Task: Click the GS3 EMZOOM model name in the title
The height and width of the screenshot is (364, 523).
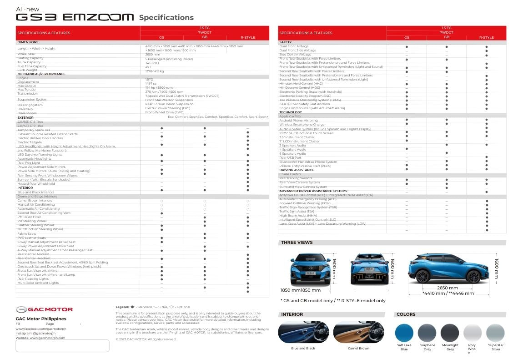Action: click(x=75, y=17)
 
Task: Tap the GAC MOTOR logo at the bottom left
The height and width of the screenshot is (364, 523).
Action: click(x=44, y=309)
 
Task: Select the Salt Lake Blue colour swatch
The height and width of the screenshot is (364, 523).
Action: click(x=404, y=333)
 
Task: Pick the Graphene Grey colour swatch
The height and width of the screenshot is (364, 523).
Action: click(x=427, y=333)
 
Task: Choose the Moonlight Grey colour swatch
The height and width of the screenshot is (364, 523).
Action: click(x=450, y=333)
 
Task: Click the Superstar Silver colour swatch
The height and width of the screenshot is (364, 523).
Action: click(x=495, y=333)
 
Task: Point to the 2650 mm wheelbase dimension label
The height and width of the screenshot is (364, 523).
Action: click(x=448, y=288)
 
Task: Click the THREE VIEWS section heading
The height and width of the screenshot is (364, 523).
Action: click(x=297, y=243)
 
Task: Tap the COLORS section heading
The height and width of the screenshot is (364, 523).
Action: click(x=406, y=314)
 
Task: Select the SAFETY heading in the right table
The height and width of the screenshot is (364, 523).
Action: click(x=286, y=42)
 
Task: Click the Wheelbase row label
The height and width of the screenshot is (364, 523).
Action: click(x=26, y=54)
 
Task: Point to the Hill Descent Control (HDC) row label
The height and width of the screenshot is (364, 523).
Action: click(x=300, y=88)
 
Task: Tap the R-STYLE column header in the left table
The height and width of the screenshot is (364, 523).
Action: click(x=247, y=37)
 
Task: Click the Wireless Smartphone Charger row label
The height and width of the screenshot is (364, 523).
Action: click(x=302, y=125)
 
